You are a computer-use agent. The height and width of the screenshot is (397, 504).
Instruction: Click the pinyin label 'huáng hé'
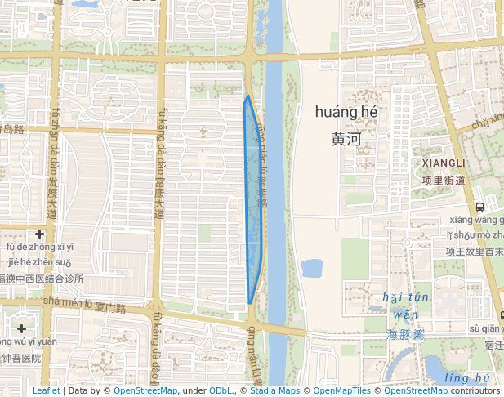coord(346,112)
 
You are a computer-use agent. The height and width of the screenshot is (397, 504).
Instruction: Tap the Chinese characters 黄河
coord(346,139)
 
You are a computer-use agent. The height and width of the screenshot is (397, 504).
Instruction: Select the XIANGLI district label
coord(444,164)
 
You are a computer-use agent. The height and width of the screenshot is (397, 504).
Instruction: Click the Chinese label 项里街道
coord(444,181)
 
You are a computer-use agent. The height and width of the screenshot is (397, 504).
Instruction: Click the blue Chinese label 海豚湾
coord(405,335)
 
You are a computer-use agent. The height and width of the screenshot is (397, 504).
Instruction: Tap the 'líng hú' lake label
coord(467,377)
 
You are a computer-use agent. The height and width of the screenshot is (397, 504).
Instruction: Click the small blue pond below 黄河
coord(312,268)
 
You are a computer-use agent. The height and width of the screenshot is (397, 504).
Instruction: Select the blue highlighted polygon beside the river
coord(254,204)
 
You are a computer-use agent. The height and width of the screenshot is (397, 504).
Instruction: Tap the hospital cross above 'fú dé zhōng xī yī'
coord(39,234)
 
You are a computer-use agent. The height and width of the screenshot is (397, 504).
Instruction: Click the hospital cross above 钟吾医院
coord(20,328)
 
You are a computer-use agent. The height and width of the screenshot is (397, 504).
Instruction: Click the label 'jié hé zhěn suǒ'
coord(40,262)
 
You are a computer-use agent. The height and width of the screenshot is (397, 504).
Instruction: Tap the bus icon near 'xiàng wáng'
coord(479,207)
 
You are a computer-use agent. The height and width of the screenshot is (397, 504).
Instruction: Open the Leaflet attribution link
coord(46,390)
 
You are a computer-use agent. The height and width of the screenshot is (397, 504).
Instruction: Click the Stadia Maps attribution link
coord(274,390)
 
